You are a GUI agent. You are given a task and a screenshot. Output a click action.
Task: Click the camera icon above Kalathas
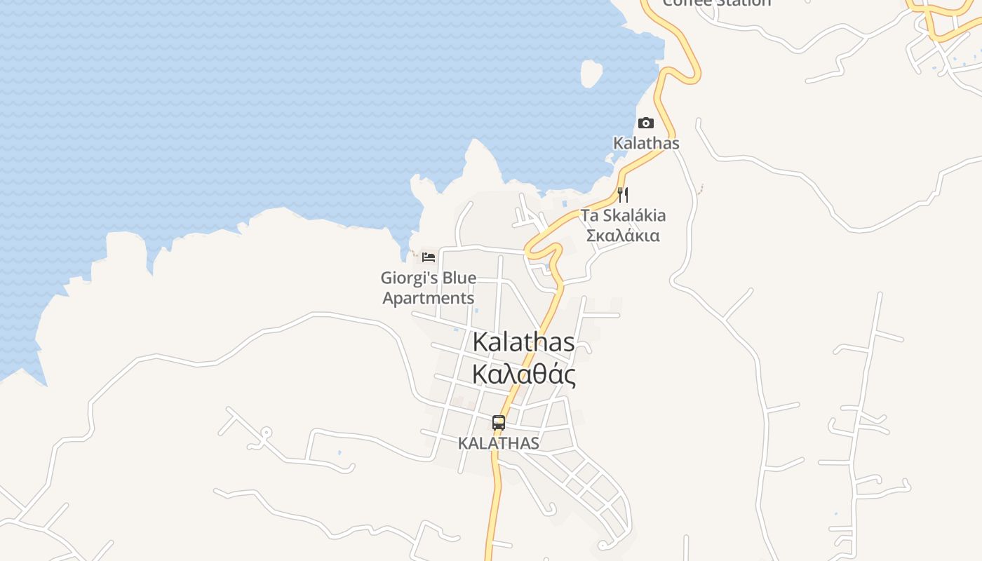(645, 123)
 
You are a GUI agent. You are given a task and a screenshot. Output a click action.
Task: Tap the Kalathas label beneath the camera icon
(646, 143)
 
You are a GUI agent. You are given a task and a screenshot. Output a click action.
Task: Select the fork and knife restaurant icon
(623, 195)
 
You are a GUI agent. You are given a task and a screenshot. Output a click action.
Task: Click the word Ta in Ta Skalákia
(589, 215)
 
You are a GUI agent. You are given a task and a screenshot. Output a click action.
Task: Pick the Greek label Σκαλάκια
(623, 236)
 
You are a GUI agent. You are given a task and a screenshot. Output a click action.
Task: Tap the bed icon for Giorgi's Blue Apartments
(429, 257)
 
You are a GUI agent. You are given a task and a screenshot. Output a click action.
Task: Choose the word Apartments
(429, 298)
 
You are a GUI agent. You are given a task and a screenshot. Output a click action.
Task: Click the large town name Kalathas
(524, 342)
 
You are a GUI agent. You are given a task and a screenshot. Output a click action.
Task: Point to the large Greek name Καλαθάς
(524, 374)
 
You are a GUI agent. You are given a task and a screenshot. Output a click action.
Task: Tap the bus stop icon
(499, 423)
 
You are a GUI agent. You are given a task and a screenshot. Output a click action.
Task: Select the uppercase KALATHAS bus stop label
(499, 443)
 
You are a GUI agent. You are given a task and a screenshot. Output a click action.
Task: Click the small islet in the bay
(591, 73)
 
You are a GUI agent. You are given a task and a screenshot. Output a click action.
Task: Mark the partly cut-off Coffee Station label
(716, 3)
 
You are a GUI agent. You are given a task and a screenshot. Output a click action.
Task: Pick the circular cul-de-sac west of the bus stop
(266, 433)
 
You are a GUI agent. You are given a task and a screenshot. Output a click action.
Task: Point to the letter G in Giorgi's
(386, 278)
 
